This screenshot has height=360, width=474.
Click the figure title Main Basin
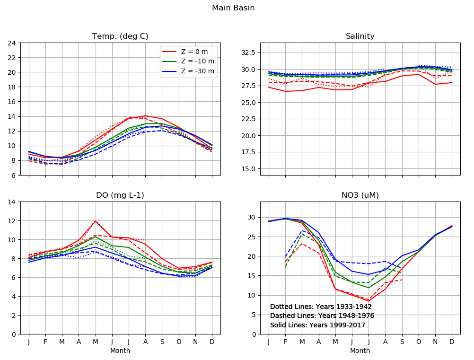click(x=233, y=8)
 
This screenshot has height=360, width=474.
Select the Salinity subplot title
click(x=360, y=36)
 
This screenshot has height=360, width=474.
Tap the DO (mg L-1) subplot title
click(x=120, y=195)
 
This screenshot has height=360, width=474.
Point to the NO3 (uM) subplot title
click(x=360, y=195)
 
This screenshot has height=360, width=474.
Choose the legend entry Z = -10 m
click(x=197, y=61)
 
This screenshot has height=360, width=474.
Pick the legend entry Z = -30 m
click(x=197, y=71)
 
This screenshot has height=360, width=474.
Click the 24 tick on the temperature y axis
click(x=13, y=43)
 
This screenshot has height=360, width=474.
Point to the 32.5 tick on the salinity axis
click(x=248, y=52)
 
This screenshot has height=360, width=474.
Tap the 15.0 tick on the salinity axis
click(x=248, y=169)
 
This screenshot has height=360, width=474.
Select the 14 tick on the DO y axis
click(x=13, y=202)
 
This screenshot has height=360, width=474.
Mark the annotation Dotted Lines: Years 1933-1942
click(x=321, y=307)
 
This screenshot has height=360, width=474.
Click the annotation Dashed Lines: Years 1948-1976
click(x=322, y=316)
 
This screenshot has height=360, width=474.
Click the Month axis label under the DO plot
click(x=120, y=351)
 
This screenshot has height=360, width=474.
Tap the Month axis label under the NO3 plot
click(x=360, y=351)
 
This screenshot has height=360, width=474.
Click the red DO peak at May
click(x=96, y=221)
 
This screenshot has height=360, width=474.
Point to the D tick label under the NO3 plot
click(x=452, y=342)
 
